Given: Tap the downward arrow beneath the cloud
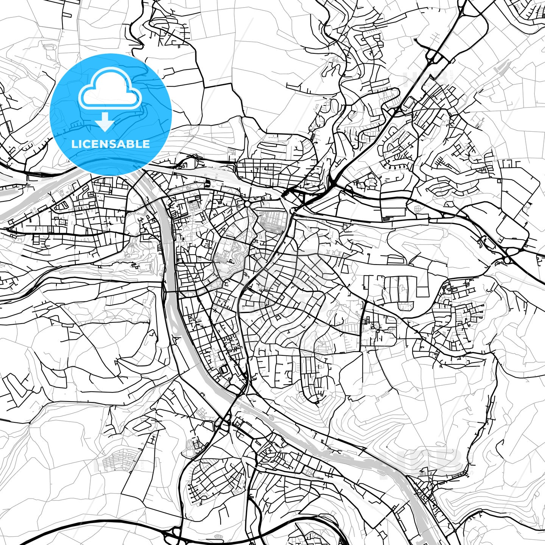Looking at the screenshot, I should tap(105, 122).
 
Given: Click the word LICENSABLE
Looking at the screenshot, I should tap(111, 144).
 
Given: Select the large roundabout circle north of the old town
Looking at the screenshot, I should tap(248, 204).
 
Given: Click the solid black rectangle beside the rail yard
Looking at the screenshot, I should tap(207, 184).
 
